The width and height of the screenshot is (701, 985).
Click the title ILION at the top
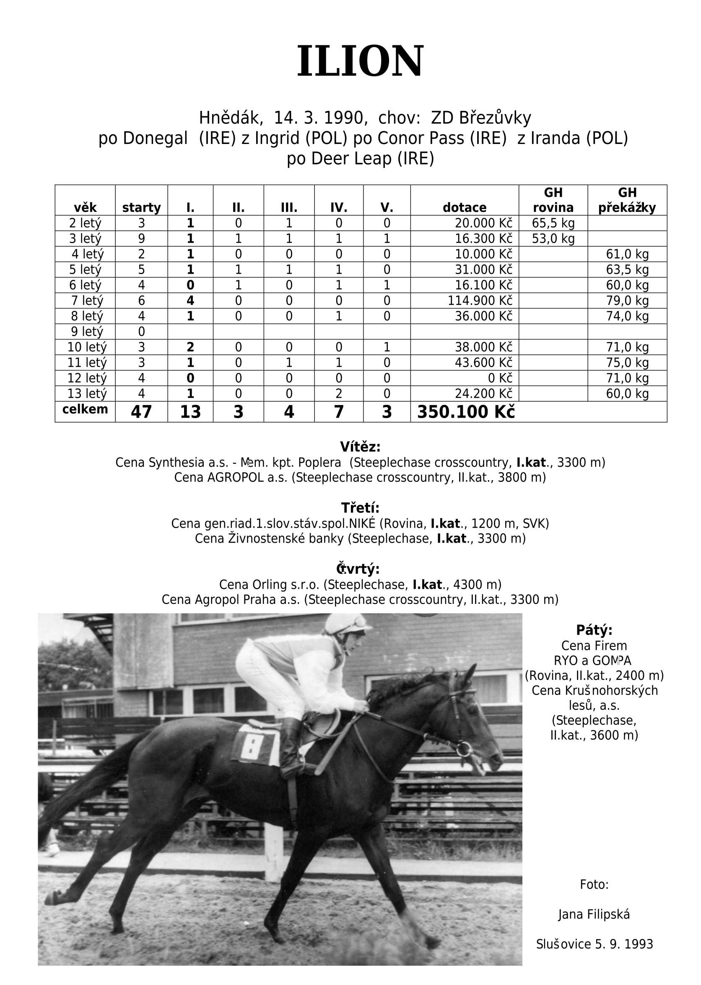pos(360,61)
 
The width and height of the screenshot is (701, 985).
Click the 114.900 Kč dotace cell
pos(480,300)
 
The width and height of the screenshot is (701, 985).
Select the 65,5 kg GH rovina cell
pos(553,223)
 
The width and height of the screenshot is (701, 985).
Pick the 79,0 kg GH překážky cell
pos(627,300)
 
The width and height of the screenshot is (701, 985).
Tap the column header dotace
pos(464,207)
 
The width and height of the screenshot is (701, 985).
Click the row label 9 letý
pos(87,332)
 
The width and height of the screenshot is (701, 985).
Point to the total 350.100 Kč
pos(466,412)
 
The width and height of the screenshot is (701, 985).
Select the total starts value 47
pos(141,412)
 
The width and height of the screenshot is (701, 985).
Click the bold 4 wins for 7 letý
pos(190,300)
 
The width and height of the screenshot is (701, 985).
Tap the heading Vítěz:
pos(360,446)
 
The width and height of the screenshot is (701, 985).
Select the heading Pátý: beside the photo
pos(594,630)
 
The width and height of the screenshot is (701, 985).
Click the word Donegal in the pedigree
pos(155,138)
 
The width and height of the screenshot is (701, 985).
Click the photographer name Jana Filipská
pos(594,914)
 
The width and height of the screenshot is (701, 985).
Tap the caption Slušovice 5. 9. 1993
pos(594,944)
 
